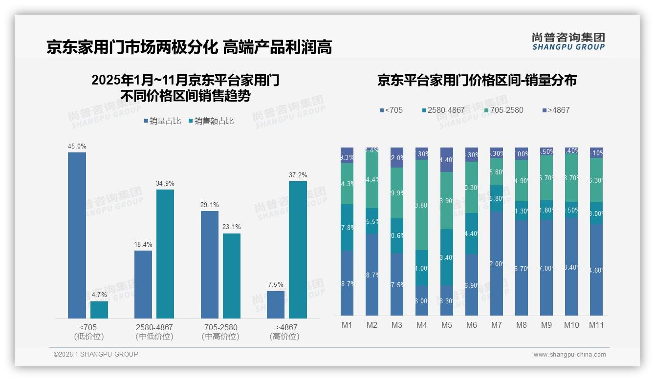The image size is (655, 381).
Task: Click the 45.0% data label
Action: click(x=77, y=146)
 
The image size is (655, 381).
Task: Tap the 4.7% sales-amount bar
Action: click(x=99, y=310)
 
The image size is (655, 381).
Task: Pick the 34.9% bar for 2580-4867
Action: click(x=165, y=254)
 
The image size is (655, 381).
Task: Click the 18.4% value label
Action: click(x=143, y=244)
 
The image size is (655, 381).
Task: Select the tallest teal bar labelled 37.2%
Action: click(x=298, y=250)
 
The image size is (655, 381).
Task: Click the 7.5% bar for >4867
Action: click(x=276, y=305)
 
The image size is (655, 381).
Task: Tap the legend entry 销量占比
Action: click(x=165, y=121)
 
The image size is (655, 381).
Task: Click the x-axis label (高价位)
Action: click(x=284, y=337)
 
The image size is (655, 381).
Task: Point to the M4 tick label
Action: click(x=421, y=325)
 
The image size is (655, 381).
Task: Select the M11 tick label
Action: click(x=596, y=325)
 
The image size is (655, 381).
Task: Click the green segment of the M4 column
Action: click(x=421, y=205)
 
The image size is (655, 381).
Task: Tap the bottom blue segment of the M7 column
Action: click(x=496, y=263)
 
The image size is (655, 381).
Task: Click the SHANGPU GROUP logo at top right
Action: click(x=568, y=42)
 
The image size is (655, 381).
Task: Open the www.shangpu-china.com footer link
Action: click(x=569, y=355)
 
